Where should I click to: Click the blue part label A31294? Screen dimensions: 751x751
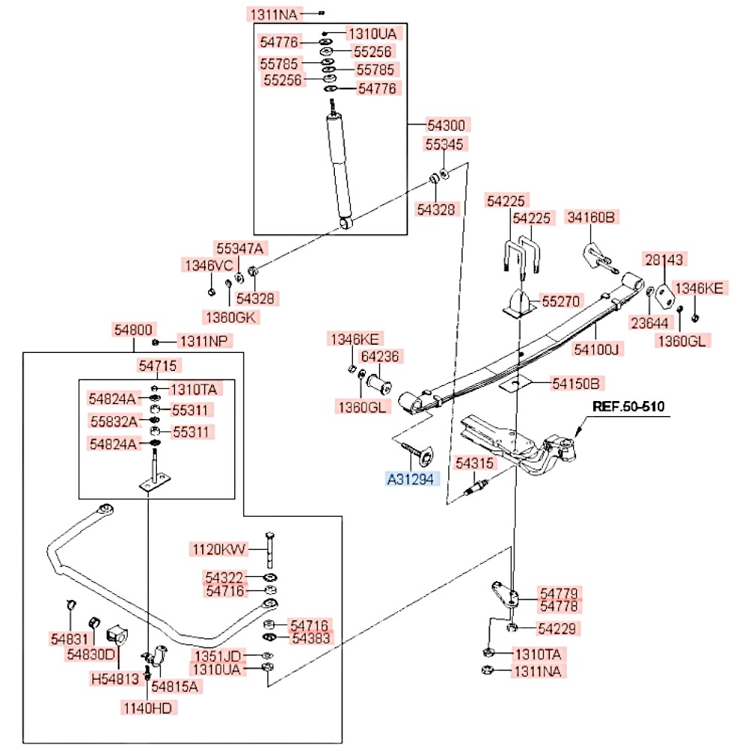click(412, 479)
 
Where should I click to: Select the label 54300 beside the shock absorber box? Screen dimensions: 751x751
click(446, 125)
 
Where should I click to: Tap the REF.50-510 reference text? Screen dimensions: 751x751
click(629, 406)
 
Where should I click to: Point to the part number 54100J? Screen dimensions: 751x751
click(597, 349)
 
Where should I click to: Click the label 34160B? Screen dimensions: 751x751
click(591, 217)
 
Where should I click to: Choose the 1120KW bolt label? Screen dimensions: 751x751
click(219, 549)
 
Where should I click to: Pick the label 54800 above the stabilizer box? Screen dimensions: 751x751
click(133, 330)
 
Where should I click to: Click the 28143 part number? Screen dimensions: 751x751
click(664, 260)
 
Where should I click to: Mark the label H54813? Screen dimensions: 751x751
click(115, 678)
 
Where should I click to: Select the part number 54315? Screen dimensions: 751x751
click(474, 463)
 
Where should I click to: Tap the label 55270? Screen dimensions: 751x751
click(560, 301)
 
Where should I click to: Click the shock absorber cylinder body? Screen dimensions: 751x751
click(339, 167)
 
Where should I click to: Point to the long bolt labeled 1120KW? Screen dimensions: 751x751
click(270, 550)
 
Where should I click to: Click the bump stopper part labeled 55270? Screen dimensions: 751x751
click(519, 303)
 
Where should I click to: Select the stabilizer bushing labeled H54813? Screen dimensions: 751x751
click(117, 635)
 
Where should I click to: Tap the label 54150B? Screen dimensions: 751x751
click(576, 383)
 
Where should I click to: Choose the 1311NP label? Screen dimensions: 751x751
click(204, 341)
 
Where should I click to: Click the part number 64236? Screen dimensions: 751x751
click(380, 356)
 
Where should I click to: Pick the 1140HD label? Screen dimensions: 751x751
click(148, 708)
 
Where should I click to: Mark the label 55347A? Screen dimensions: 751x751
click(240, 249)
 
